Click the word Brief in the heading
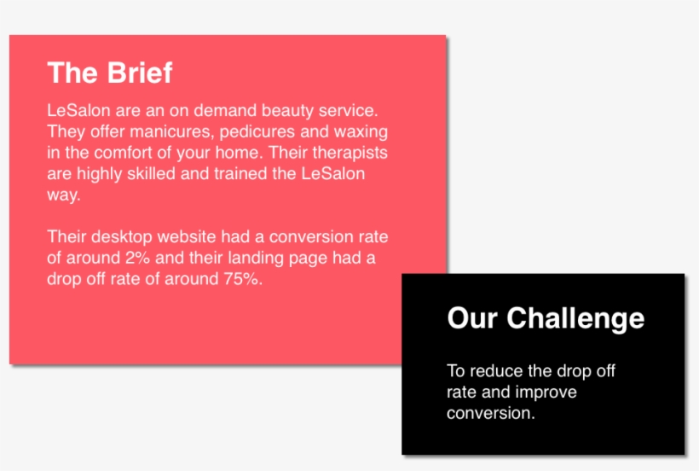(141, 73)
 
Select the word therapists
(350, 154)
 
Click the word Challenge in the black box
(575, 318)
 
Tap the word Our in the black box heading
(472, 318)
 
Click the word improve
(546, 392)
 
